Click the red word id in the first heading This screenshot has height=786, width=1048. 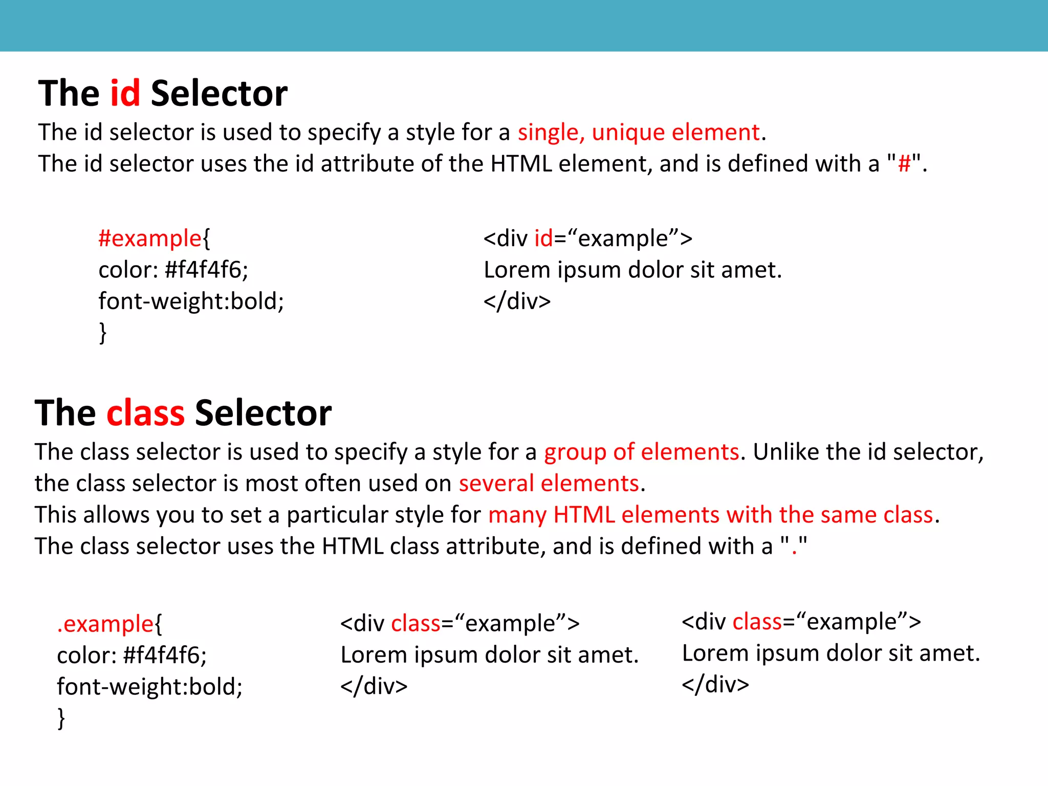click(x=125, y=94)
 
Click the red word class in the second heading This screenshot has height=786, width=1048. click(x=145, y=413)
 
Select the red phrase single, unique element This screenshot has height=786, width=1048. click(x=639, y=133)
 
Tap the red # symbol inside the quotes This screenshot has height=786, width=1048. click(x=904, y=164)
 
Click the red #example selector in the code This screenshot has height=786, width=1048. click(x=150, y=238)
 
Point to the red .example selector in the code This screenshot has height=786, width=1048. click(x=105, y=624)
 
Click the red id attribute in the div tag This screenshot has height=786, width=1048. click(x=543, y=238)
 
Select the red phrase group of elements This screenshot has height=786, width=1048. click(x=641, y=452)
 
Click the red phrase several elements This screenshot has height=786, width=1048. click(x=549, y=484)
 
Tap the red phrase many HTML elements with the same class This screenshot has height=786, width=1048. click(x=711, y=515)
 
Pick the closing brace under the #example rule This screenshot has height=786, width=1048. click(x=103, y=333)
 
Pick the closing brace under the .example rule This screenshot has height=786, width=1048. click(x=61, y=718)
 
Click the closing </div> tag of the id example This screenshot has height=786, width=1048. click(x=517, y=301)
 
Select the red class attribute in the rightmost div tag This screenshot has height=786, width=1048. click(x=757, y=622)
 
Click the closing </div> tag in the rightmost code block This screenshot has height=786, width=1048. click(x=715, y=685)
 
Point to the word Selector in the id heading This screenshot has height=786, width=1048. click(x=219, y=94)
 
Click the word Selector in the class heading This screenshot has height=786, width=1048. click(x=263, y=413)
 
